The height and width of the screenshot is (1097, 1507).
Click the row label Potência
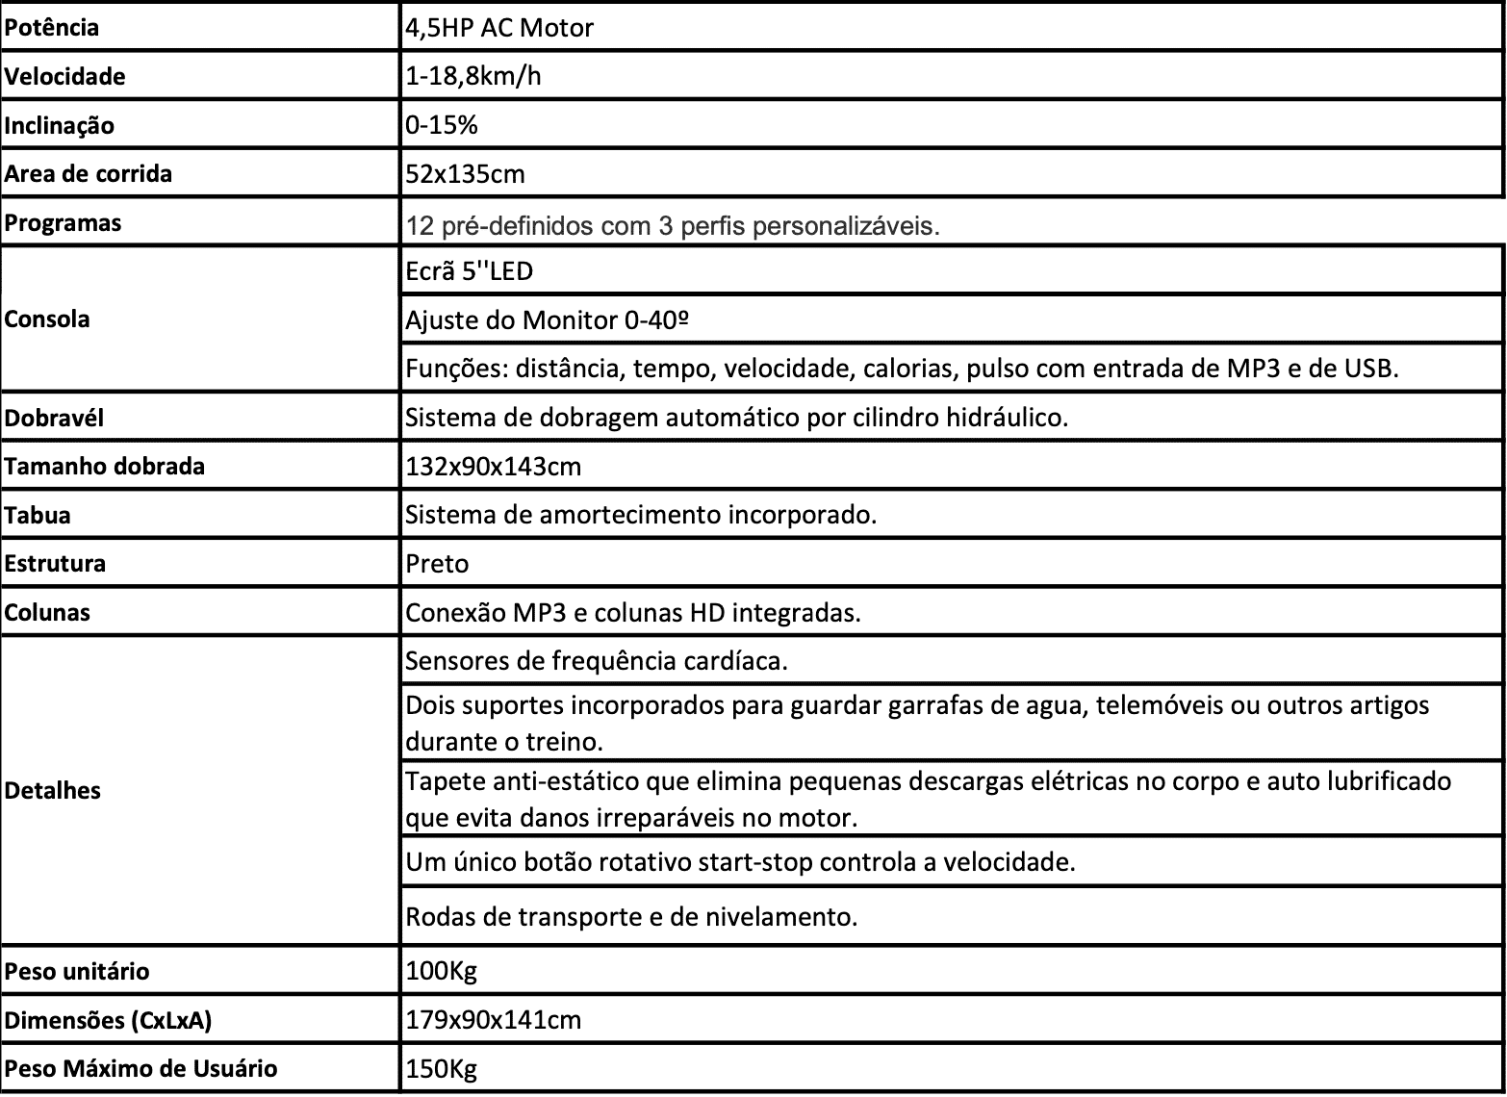[52, 28]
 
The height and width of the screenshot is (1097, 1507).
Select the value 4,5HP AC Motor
[499, 28]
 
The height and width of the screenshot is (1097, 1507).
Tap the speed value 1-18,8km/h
[473, 76]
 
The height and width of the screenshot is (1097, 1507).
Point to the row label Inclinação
[59, 126]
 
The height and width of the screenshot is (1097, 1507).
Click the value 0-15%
[442, 126]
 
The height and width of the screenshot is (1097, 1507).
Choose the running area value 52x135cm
[465, 174]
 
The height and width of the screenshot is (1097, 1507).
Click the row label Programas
[63, 223]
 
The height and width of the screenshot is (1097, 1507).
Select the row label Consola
[47, 319]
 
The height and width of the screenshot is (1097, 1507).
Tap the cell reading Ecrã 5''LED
[470, 271]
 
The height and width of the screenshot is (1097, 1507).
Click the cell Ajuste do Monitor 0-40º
[549, 319]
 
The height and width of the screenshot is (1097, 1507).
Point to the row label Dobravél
[54, 419]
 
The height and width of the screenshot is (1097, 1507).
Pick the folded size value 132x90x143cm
[494, 467]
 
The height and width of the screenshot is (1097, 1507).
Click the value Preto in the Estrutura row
[437, 564]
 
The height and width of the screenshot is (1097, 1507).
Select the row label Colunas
[47, 613]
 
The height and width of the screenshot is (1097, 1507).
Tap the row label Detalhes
[53, 791]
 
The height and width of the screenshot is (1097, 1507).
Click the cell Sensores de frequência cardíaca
[597, 661]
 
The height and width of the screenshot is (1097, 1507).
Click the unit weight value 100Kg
[442, 971]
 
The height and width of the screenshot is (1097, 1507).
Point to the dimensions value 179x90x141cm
[494, 1020]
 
